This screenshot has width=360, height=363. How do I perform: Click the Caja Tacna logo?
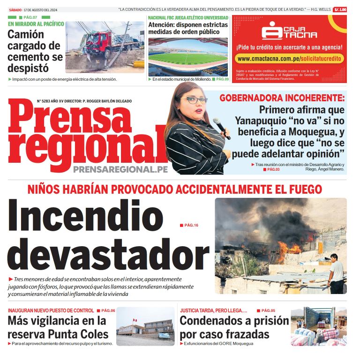tap(289, 30)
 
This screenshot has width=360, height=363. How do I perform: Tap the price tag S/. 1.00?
tap(340, 9)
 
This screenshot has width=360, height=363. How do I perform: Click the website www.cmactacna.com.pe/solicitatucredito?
tap(289, 59)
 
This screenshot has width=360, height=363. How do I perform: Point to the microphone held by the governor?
tap(221, 127)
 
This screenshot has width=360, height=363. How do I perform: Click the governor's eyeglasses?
tap(194, 99)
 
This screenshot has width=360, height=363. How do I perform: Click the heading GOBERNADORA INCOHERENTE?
tap(282, 98)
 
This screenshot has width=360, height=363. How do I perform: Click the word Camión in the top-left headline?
tap(26, 34)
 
